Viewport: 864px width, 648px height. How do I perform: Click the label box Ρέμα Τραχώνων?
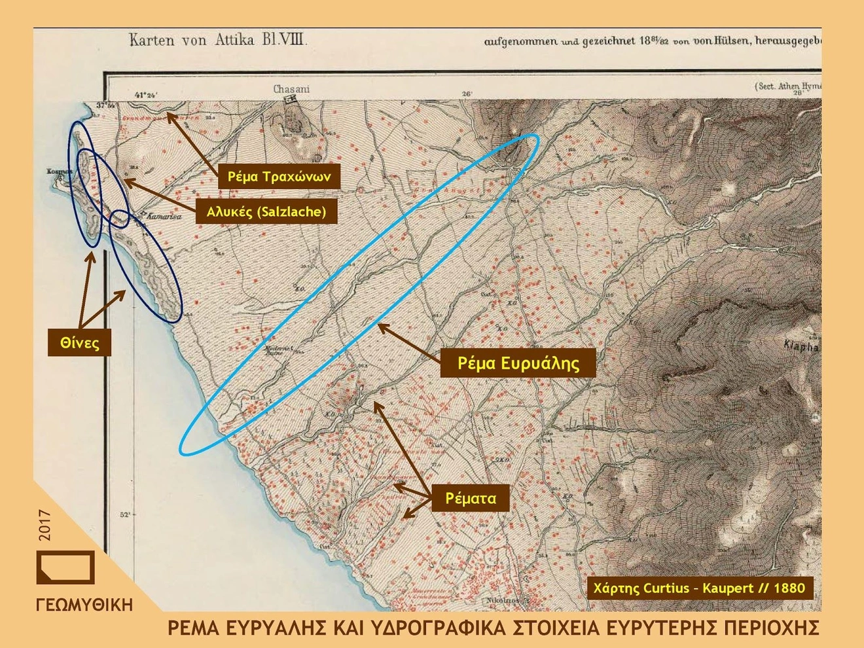(x=279, y=176)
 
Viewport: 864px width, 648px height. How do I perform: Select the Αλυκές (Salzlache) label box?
(x=266, y=211)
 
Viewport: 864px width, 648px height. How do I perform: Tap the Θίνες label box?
(x=79, y=343)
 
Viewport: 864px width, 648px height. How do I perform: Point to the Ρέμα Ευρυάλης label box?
(x=518, y=363)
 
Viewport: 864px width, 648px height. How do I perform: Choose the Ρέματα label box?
(x=471, y=498)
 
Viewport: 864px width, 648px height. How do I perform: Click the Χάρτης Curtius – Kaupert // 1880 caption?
(x=699, y=588)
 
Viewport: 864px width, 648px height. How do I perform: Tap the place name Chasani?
(x=291, y=89)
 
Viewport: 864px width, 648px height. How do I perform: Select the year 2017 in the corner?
(x=45, y=525)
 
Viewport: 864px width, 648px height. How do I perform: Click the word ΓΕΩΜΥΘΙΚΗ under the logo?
(x=84, y=605)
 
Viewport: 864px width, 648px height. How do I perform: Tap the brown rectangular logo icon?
(x=65, y=567)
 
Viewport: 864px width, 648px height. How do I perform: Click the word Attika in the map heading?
(x=234, y=40)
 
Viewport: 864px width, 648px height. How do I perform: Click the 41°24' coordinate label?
(x=145, y=95)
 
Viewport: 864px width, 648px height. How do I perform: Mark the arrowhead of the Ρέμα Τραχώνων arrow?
(x=168, y=115)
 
